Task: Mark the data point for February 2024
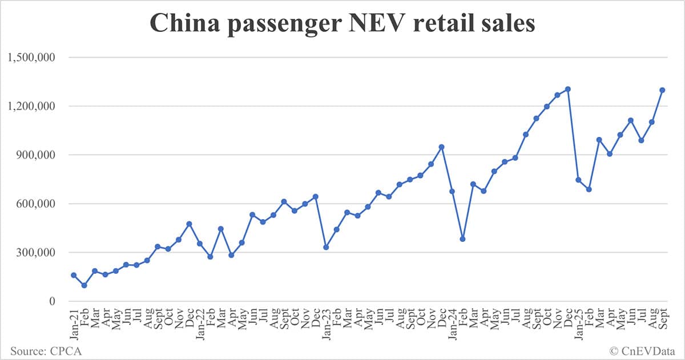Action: click(x=462, y=239)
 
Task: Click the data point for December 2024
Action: click(x=568, y=89)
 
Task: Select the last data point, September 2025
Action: click(x=662, y=90)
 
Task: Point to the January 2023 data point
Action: click(x=326, y=247)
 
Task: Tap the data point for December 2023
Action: click(x=441, y=147)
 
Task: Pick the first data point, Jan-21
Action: click(x=74, y=275)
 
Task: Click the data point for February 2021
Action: click(x=84, y=285)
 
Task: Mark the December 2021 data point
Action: click(x=189, y=224)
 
